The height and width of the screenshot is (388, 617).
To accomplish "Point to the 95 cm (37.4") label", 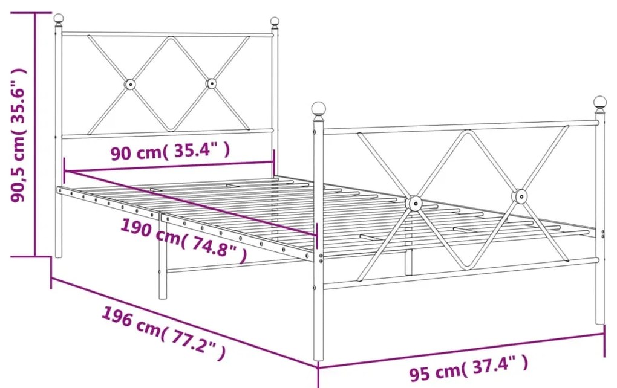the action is (x=469, y=367).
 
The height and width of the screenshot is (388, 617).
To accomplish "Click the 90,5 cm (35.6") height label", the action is (x=19, y=135).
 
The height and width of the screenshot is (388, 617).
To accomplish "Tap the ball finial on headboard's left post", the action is (x=59, y=19).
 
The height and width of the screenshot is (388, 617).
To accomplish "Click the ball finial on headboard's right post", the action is (x=275, y=21).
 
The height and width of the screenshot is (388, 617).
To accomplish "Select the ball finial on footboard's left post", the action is (x=318, y=108).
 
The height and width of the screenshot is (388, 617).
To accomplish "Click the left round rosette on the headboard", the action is (x=130, y=84).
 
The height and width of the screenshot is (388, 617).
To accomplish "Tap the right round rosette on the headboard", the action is (x=211, y=83).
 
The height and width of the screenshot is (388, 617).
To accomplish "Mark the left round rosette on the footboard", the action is (x=414, y=203).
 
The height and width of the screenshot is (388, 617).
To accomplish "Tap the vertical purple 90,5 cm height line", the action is (x=36, y=134).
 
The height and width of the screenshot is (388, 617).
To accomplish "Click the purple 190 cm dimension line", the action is (x=190, y=203).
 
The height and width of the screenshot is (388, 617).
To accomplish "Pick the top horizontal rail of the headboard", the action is (x=167, y=34).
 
